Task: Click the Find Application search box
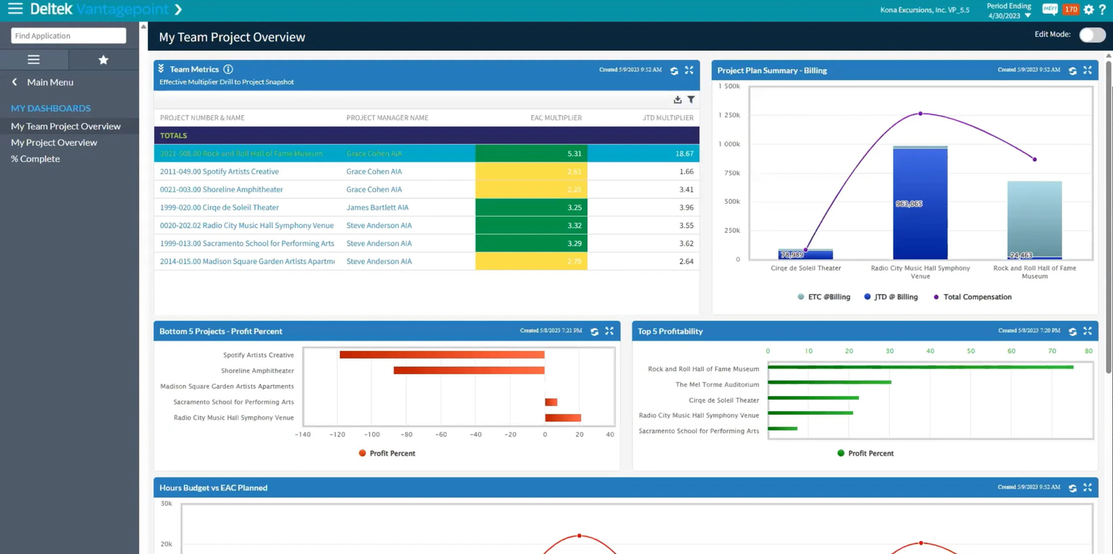click(x=68, y=35)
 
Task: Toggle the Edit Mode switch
click(x=1092, y=35)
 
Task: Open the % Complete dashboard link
click(x=35, y=159)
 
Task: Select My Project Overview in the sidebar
click(x=53, y=142)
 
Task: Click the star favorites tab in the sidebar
click(x=103, y=59)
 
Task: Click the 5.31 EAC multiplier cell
click(x=531, y=153)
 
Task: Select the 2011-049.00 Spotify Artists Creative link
click(x=219, y=171)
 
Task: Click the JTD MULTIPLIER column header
click(x=668, y=117)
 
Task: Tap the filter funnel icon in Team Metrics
click(x=691, y=100)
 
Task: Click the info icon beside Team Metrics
click(x=228, y=69)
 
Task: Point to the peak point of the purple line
click(x=920, y=114)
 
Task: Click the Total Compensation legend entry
click(x=976, y=297)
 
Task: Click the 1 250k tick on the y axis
click(x=729, y=115)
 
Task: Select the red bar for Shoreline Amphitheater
click(x=469, y=371)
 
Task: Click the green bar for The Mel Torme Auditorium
click(x=829, y=383)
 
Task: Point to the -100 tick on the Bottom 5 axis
click(x=372, y=434)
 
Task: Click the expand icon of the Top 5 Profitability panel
click(x=1087, y=331)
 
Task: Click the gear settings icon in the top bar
click(x=1088, y=10)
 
